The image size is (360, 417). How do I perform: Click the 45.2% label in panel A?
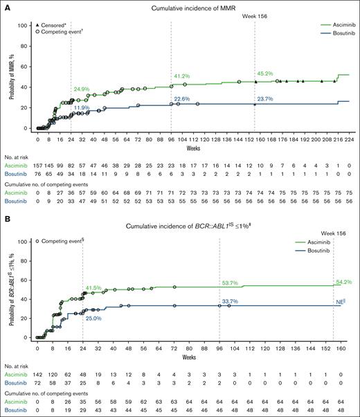[267, 73]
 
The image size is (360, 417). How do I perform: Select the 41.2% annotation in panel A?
[181, 76]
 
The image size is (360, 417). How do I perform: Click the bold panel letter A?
[6, 6]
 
